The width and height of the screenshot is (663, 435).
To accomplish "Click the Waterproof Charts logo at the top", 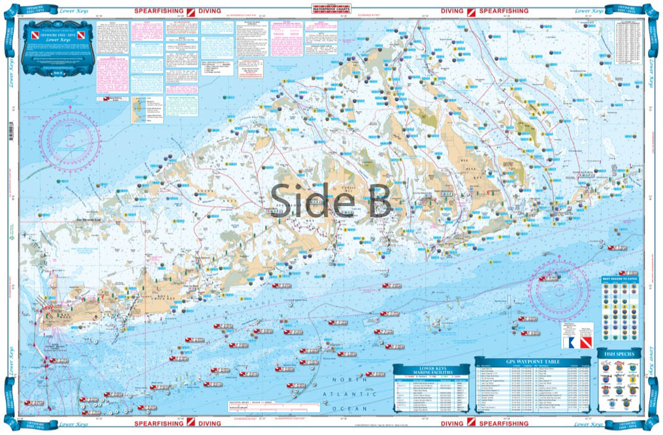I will [x=331, y=8].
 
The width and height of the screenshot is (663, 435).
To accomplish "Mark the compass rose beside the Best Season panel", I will [x=562, y=288].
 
